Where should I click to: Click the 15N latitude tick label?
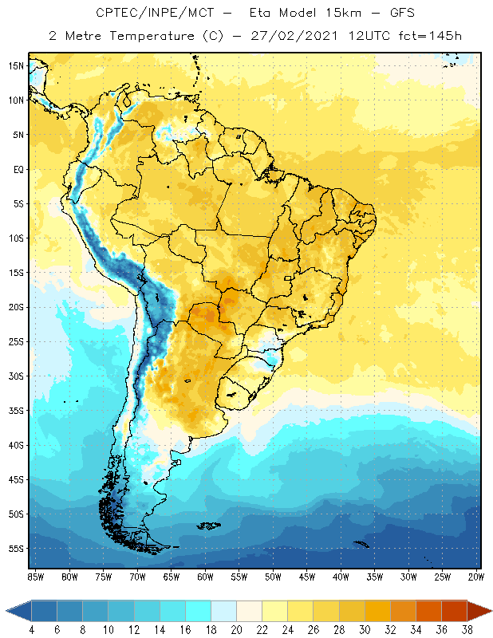click(x=16, y=66)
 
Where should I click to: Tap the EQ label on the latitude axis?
click(x=18, y=170)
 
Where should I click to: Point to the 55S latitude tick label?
click(x=16, y=549)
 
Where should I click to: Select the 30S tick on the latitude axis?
click(x=16, y=376)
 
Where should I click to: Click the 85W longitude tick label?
click(x=35, y=576)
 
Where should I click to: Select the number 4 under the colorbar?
click(x=32, y=630)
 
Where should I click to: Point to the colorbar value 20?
click(x=237, y=630)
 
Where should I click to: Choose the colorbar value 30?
click(x=365, y=630)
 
